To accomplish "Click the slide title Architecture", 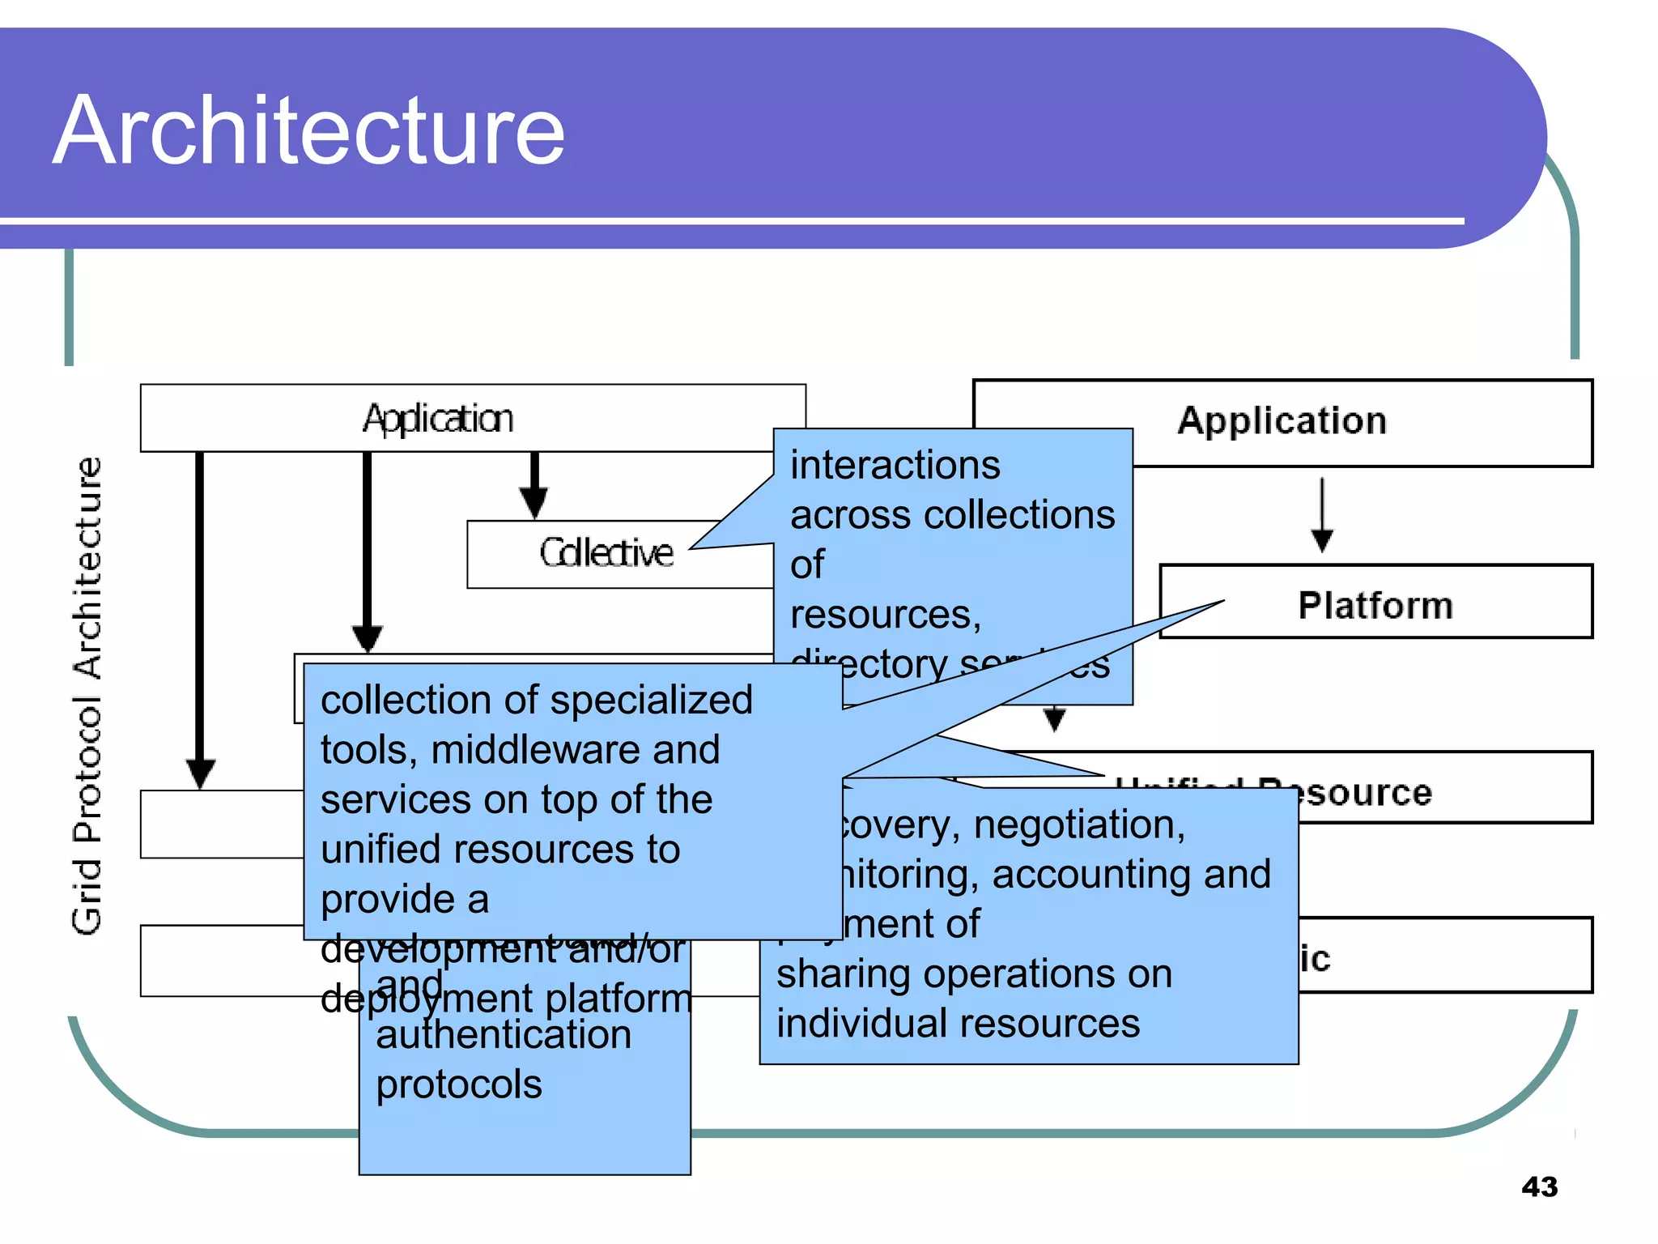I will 308,131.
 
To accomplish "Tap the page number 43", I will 1539,1187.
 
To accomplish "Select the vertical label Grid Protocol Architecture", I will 87,697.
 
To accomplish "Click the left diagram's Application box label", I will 437,419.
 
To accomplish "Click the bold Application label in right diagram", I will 1282,421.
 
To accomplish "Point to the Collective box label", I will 606,553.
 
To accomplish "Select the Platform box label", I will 1375,605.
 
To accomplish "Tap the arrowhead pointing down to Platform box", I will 1322,540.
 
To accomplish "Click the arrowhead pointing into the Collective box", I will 534,503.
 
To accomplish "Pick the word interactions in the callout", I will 895,466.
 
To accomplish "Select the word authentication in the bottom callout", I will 503,1035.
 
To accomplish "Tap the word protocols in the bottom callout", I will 458,1084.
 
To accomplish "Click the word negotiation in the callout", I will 1079,824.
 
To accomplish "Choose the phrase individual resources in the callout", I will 958,1024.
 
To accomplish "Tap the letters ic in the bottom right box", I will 1315,959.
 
